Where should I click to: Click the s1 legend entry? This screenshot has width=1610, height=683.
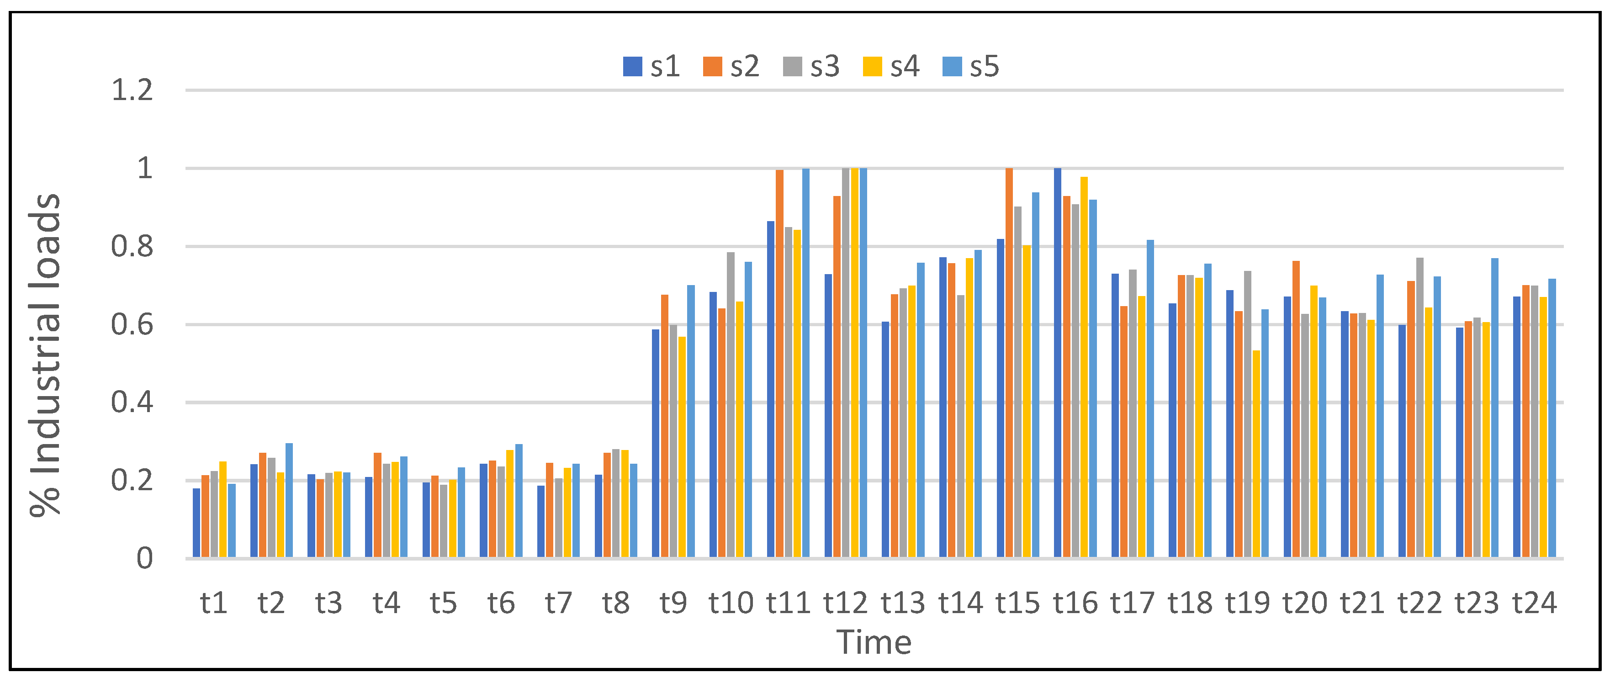(652, 66)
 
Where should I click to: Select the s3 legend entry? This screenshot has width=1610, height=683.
(812, 66)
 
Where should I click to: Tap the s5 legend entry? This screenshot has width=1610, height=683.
(971, 66)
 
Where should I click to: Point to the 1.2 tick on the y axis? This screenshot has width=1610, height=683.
(132, 90)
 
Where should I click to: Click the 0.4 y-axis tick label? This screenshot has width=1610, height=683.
(132, 402)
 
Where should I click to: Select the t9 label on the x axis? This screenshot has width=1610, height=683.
(673, 603)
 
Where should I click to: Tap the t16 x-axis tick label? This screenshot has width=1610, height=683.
(1075, 603)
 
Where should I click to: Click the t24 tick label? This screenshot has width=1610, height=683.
(1534, 603)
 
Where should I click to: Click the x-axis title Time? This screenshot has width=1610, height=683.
(874, 642)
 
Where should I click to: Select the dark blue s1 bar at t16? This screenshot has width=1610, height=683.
(1058, 362)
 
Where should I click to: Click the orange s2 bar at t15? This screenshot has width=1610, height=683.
(1009, 362)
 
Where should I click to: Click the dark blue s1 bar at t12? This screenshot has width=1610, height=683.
(828, 416)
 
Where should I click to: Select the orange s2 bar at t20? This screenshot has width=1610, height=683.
(1296, 409)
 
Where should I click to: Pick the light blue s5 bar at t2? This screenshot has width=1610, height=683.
(289, 500)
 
